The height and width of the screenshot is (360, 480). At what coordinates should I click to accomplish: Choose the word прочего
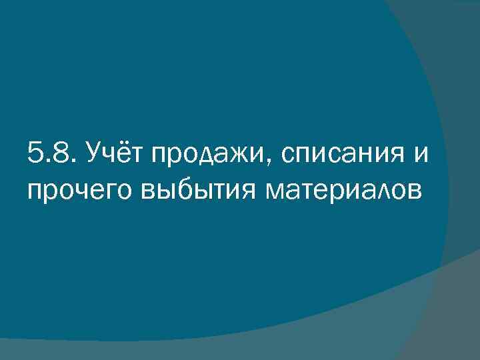(x=79, y=191)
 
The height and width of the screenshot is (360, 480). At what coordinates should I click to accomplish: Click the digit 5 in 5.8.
(x=36, y=155)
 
